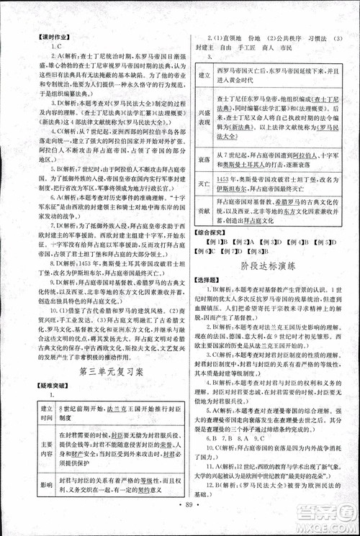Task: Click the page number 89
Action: tap(179, 524)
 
